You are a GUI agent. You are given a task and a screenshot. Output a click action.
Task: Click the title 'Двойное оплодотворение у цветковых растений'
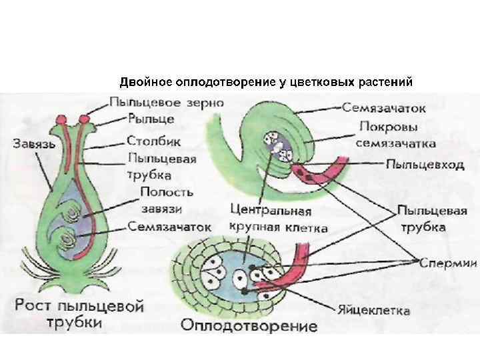(x=267, y=83)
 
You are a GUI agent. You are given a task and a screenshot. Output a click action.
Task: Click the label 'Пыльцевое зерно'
(x=166, y=103)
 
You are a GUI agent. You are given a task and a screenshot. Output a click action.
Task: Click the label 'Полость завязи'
(x=167, y=200)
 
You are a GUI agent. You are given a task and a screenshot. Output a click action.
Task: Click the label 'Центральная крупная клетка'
(x=278, y=219)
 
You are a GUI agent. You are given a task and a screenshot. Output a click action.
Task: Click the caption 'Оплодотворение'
(x=249, y=328)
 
